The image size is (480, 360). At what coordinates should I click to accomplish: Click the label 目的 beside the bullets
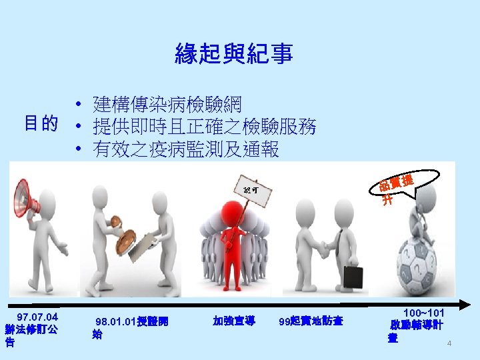coord(41,123)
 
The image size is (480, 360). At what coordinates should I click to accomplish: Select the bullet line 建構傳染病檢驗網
coord(168,104)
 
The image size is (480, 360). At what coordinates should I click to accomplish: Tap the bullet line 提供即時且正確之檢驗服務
coord(205,125)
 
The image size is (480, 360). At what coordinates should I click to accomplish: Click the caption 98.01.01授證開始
coord(131,327)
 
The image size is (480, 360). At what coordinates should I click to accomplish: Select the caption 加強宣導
coord(233,321)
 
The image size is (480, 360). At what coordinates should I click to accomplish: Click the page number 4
coord(449,344)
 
